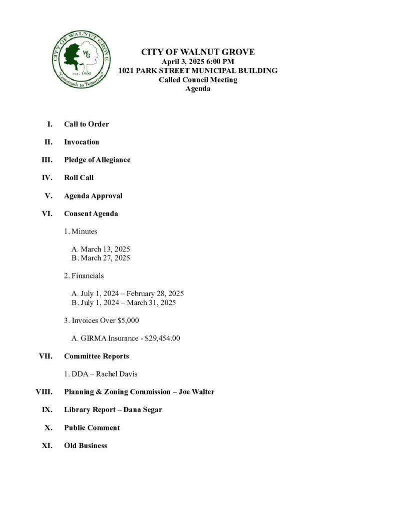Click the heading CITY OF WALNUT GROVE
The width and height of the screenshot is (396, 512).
pyautogui.click(x=198, y=52)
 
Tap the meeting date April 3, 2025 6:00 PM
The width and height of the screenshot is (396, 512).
pyautogui.click(x=198, y=61)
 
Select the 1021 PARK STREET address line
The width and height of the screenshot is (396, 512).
pyautogui.click(x=198, y=70)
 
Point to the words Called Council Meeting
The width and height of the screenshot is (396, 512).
pyautogui.click(x=198, y=79)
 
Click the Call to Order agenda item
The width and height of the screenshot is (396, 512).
pyautogui.click(x=86, y=124)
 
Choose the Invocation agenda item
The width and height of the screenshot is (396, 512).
pyautogui.click(x=82, y=142)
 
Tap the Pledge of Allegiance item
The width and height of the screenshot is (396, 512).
pyautogui.click(x=97, y=160)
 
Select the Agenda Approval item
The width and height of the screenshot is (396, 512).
pyautogui.click(x=93, y=195)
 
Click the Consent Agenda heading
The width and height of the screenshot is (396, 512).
pyautogui.click(x=91, y=213)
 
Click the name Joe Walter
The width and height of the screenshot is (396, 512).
pyautogui.click(x=196, y=392)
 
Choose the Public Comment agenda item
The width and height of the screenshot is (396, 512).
pyautogui.click(x=92, y=427)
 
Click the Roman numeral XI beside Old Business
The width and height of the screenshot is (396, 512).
pyautogui.click(x=47, y=445)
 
